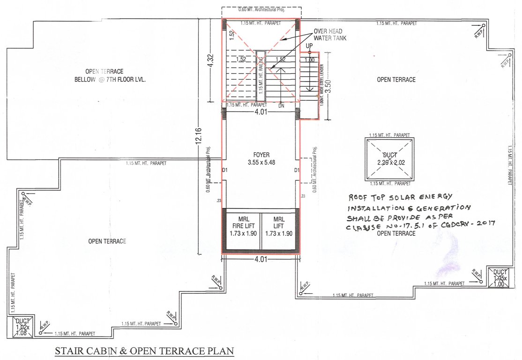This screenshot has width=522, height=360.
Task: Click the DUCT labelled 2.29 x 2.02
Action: [388, 159]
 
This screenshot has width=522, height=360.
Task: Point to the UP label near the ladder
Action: [309, 45]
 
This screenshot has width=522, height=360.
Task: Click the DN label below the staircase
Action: [281, 106]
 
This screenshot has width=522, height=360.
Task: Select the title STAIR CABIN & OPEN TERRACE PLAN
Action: [144, 351]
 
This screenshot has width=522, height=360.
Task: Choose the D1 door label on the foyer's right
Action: [297, 170]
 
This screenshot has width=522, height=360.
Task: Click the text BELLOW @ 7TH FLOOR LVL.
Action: [110, 80]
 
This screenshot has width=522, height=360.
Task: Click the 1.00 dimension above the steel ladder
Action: [309, 60]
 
